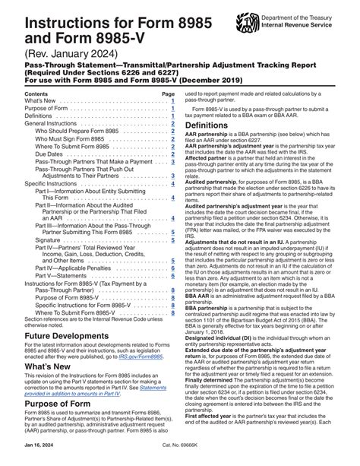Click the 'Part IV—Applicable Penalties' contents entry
73,267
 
